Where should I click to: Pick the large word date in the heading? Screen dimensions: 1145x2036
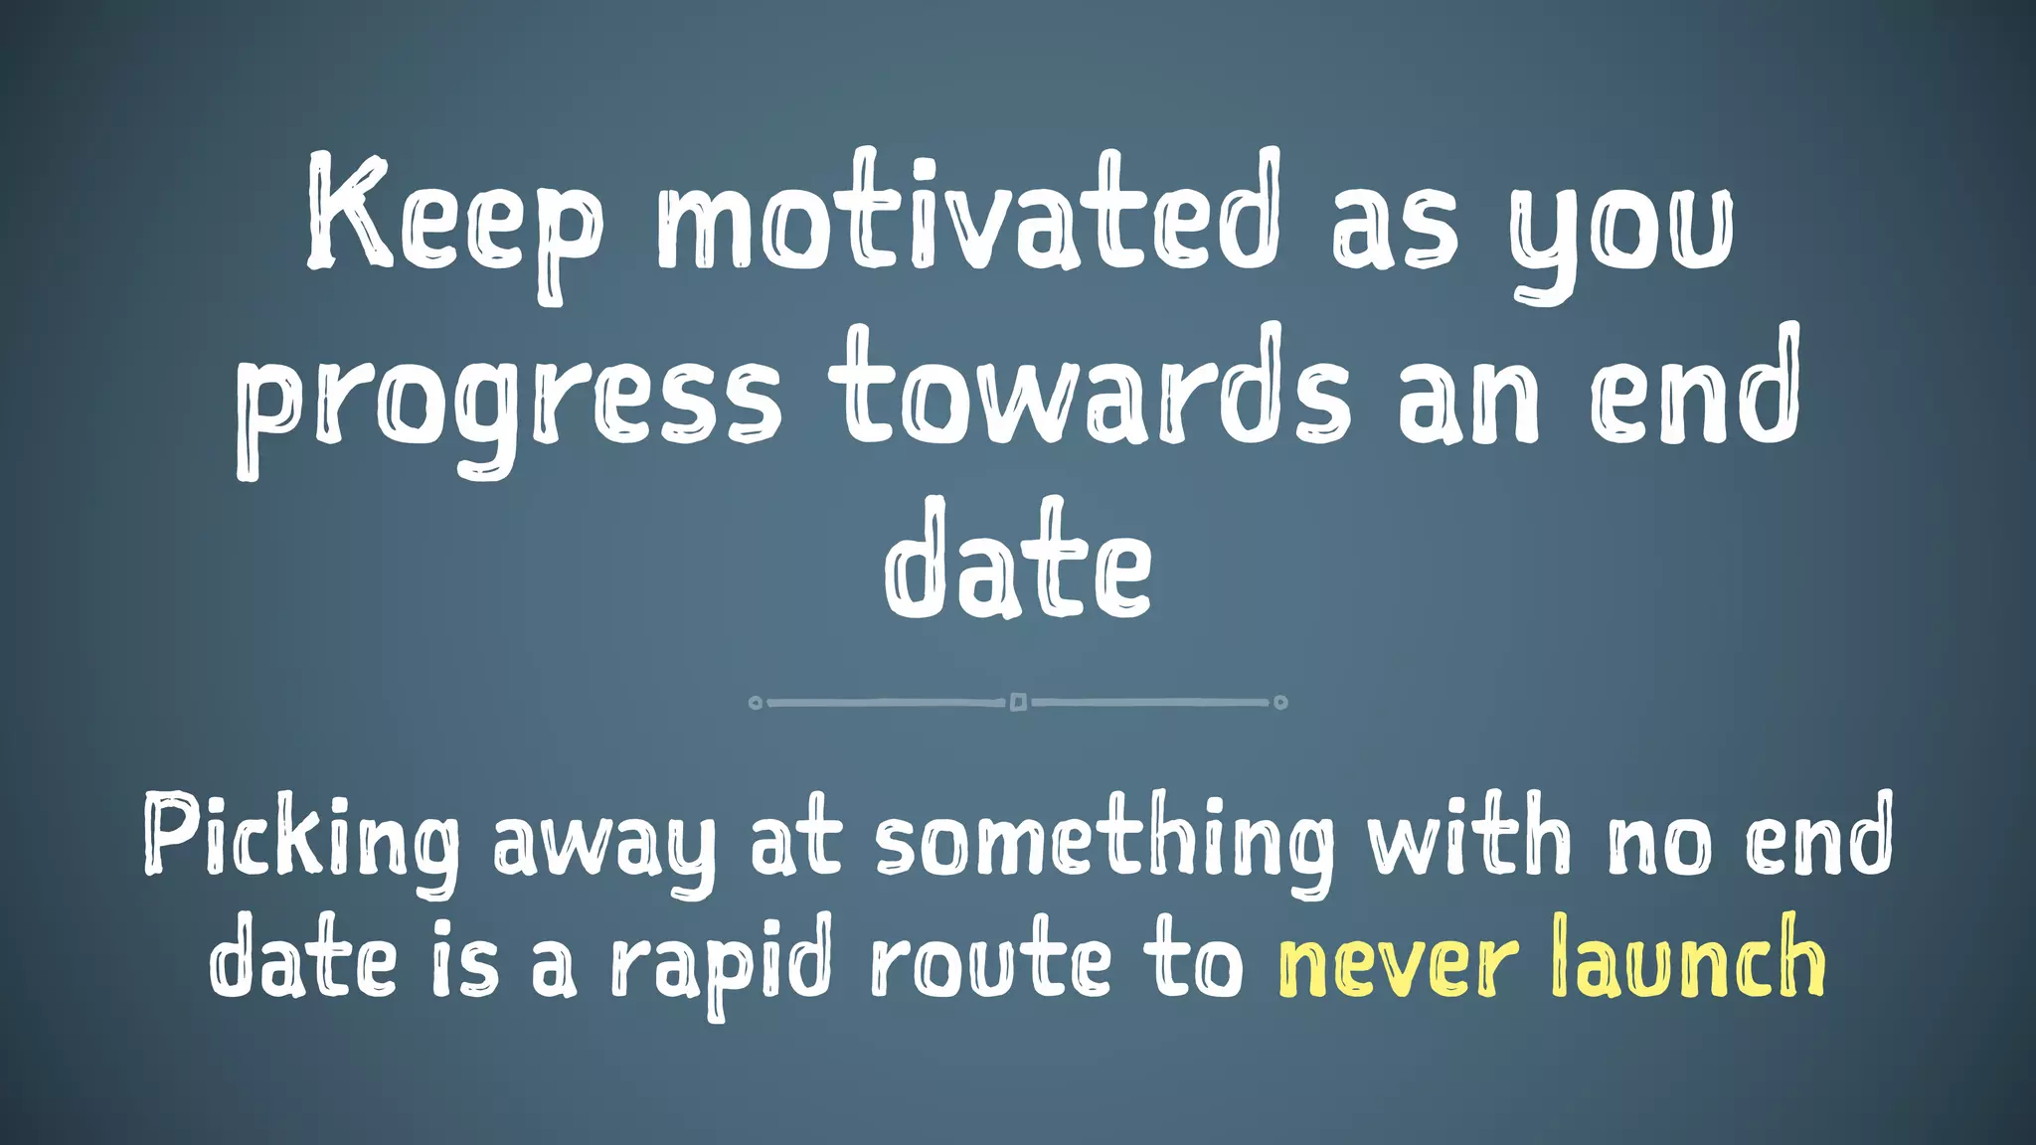[1018, 562]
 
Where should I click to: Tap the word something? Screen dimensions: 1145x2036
[1103, 840]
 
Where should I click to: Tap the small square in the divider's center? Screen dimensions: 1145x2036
[1018, 703]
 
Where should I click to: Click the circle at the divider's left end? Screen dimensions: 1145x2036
[756, 703]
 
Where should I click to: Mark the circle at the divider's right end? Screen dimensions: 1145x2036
[1280, 703]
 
